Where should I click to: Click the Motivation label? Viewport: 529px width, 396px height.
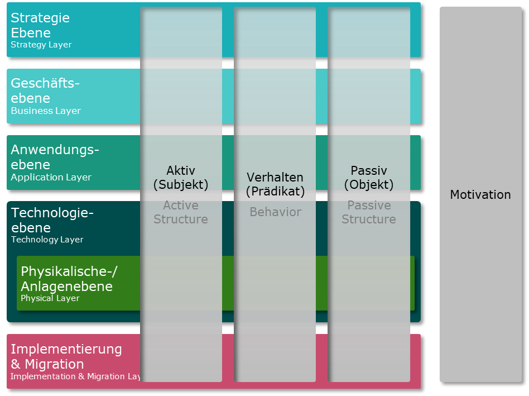tap(480, 195)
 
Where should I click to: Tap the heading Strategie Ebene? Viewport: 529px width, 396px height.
tap(40, 25)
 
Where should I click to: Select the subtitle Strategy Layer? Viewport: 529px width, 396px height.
tap(41, 45)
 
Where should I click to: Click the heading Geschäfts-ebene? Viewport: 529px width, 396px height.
tap(45, 90)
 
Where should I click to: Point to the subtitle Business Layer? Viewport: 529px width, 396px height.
tap(46, 111)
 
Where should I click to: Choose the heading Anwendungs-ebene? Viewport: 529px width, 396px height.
tap(55, 157)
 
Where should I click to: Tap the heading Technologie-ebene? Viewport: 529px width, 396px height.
tap(52, 220)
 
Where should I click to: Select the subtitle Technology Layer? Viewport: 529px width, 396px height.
tap(47, 240)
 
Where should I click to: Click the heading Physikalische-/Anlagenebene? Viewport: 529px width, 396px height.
tap(69, 279)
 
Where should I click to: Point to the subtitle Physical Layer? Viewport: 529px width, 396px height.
tap(50, 298)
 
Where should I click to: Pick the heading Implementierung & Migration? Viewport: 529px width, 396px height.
tap(66, 356)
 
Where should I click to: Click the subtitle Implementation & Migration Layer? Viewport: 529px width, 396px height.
tap(76, 376)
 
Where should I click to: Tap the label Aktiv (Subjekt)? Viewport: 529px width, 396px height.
tap(181, 178)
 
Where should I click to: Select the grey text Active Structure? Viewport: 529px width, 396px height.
tap(181, 212)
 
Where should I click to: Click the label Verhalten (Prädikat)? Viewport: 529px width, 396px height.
tap(275, 184)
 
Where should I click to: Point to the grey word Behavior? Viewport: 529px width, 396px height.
tap(275, 212)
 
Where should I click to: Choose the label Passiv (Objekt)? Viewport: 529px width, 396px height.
tap(369, 178)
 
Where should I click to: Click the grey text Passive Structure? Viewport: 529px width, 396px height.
tap(369, 212)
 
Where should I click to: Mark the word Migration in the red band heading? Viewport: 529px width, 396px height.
tap(55, 364)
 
